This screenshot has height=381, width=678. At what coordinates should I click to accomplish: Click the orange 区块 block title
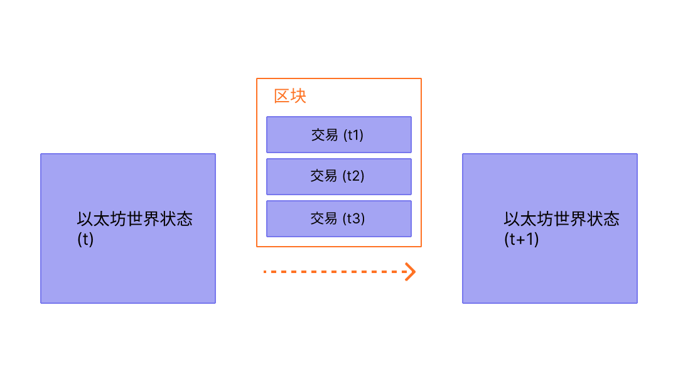point(289,97)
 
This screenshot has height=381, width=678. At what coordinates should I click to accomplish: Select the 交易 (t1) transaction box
point(338,134)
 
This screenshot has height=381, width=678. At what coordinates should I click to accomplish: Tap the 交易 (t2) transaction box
point(338,176)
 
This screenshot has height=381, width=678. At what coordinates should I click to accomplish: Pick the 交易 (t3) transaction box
point(338,218)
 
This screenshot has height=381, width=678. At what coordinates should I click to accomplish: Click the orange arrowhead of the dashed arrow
point(410,272)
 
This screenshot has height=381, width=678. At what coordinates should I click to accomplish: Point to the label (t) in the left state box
point(85,239)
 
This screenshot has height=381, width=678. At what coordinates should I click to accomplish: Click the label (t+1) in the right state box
point(522,239)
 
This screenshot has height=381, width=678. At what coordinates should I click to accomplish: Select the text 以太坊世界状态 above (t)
point(134,219)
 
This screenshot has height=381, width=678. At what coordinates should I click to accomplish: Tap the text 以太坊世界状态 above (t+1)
point(561,219)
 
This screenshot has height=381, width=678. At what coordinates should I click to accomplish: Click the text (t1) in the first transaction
point(353,135)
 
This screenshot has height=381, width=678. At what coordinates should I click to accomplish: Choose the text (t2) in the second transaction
point(353,176)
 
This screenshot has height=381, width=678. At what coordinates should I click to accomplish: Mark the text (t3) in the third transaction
point(353,218)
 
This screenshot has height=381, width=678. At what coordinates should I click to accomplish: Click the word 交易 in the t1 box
point(325,135)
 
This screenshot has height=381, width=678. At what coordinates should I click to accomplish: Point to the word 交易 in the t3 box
point(324,218)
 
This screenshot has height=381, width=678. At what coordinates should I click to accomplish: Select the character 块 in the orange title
point(298,97)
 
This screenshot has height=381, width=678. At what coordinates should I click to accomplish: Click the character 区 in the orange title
point(281,97)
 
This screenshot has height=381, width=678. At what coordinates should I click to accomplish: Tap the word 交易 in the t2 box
point(324,176)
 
